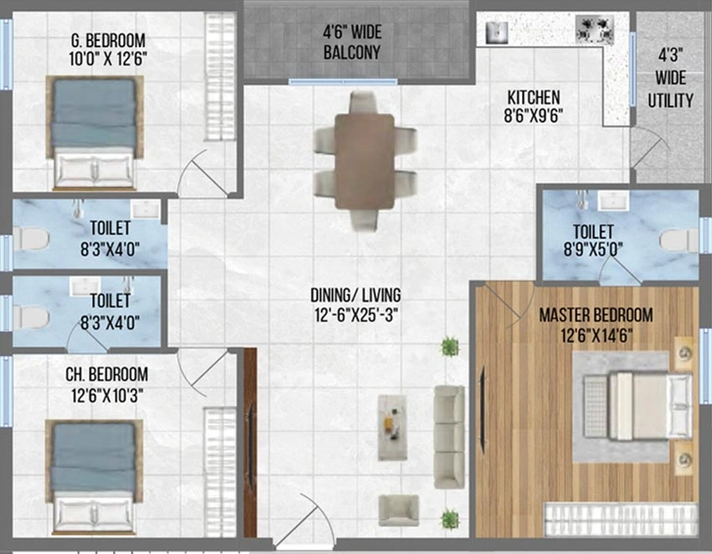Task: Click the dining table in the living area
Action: click(x=364, y=162)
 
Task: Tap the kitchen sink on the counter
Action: click(x=497, y=32)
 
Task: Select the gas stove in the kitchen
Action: click(x=594, y=29)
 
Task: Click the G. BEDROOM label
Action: click(x=109, y=40)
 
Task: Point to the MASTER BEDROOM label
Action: click(x=596, y=315)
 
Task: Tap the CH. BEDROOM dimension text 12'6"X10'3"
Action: click(x=108, y=396)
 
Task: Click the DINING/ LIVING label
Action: click(x=356, y=296)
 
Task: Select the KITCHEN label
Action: click(x=534, y=98)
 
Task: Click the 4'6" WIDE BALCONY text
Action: click(x=352, y=42)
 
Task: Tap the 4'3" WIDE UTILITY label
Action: click(x=671, y=77)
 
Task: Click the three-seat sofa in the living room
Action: click(x=450, y=437)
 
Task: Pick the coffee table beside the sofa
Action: click(x=393, y=428)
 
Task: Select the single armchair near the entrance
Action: click(x=400, y=510)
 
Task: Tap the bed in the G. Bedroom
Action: click(x=94, y=132)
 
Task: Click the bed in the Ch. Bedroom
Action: click(x=94, y=476)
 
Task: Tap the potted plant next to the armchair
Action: click(x=450, y=519)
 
